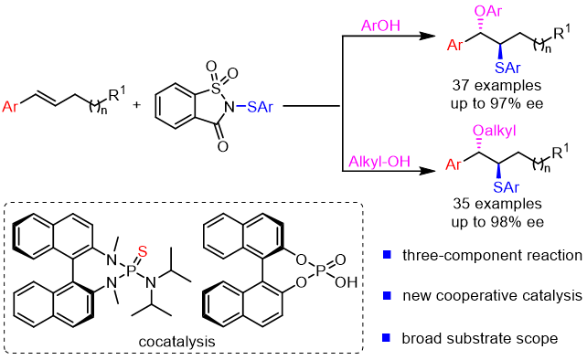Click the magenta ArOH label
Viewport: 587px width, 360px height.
(380, 26)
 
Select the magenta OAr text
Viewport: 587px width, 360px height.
(487, 11)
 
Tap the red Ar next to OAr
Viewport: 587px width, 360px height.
(454, 46)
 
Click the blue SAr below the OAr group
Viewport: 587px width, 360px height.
(507, 68)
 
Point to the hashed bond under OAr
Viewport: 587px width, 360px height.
(479, 26)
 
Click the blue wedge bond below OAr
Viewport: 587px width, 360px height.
(499, 51)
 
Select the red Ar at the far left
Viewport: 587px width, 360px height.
(10, 107)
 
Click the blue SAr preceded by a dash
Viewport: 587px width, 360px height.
(260, 107)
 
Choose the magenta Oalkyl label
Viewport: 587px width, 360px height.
(494, 131)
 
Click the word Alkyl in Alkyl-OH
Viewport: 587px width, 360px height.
(366, 162)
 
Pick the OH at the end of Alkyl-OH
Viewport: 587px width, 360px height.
(400, 162)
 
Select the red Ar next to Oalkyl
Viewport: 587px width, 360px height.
(454, 164)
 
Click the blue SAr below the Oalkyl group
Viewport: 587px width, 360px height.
(506, 187)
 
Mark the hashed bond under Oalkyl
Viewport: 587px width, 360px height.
(478, 144)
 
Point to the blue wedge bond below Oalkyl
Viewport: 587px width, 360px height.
(497, 171)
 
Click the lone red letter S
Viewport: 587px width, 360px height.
(143, 251)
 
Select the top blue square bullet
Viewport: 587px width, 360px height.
(387, 254)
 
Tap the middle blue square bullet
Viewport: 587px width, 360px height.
(387, 295)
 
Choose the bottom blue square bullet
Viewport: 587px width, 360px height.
(387, 337)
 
